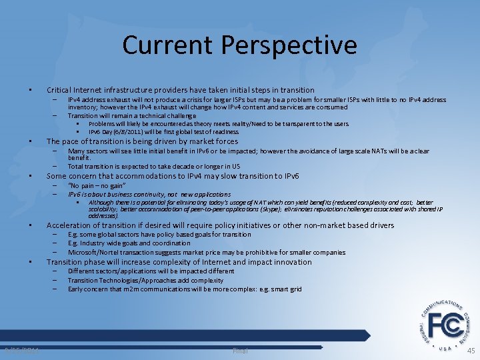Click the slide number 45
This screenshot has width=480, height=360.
[x=471, y=351]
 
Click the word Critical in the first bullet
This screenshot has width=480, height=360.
[x=59, y=90]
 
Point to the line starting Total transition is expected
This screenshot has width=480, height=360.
[x=154, y=166]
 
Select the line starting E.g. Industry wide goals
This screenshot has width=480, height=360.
[x=129, y=243]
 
